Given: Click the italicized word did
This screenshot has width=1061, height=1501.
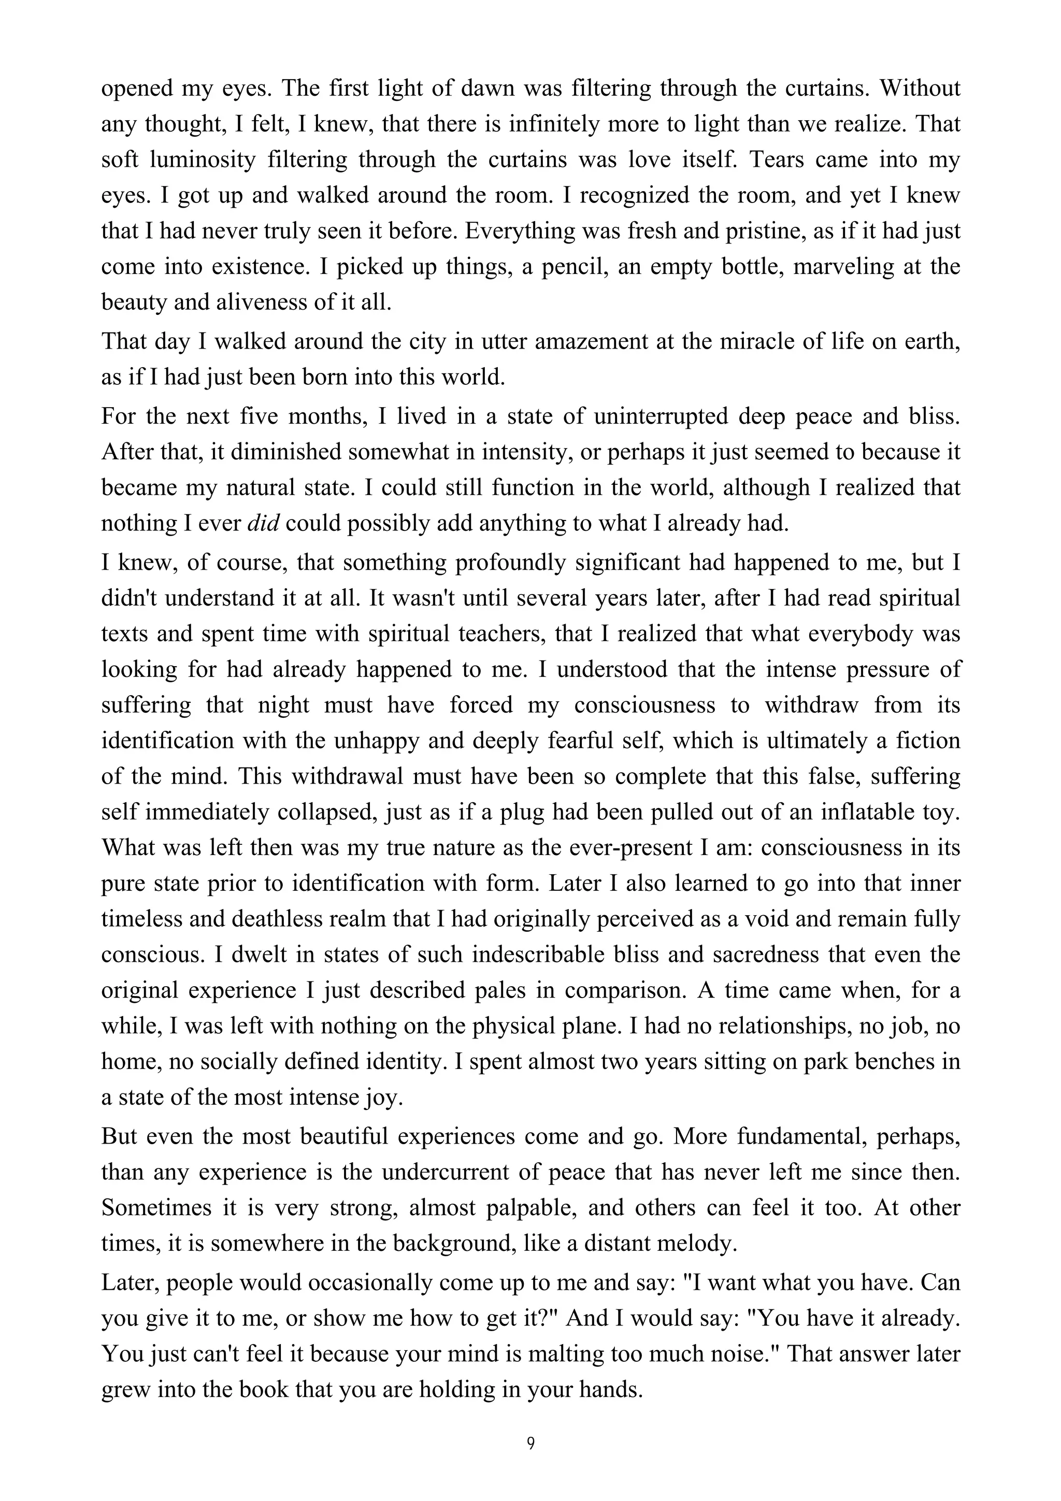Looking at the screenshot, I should tap(264, 523).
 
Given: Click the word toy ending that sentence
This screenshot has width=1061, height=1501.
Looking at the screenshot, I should tap(944, 812).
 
